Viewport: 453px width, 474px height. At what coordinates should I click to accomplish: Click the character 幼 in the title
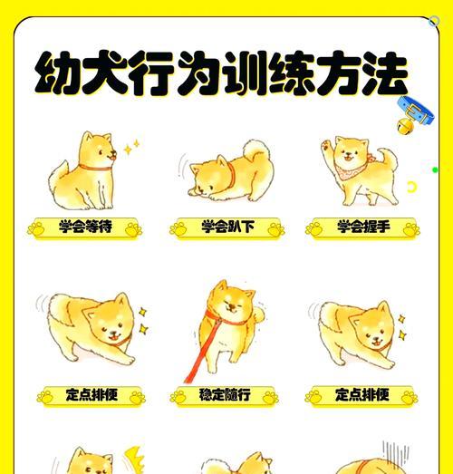coord(58,75)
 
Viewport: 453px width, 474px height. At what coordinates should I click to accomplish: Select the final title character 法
coord(380,75)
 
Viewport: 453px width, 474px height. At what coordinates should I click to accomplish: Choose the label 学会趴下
coord(226,227)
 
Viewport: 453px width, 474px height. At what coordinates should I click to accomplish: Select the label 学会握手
coord(362,227)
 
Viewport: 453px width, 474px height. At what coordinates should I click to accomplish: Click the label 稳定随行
coord(225,395)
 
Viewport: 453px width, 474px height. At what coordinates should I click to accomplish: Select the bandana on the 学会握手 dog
coord(348,169)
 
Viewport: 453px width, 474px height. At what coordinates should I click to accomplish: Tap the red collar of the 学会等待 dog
coord(91,166)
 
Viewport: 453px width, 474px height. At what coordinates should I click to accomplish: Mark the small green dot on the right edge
coord(436,169)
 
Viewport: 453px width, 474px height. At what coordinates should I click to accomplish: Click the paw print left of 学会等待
coord(39,228)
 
